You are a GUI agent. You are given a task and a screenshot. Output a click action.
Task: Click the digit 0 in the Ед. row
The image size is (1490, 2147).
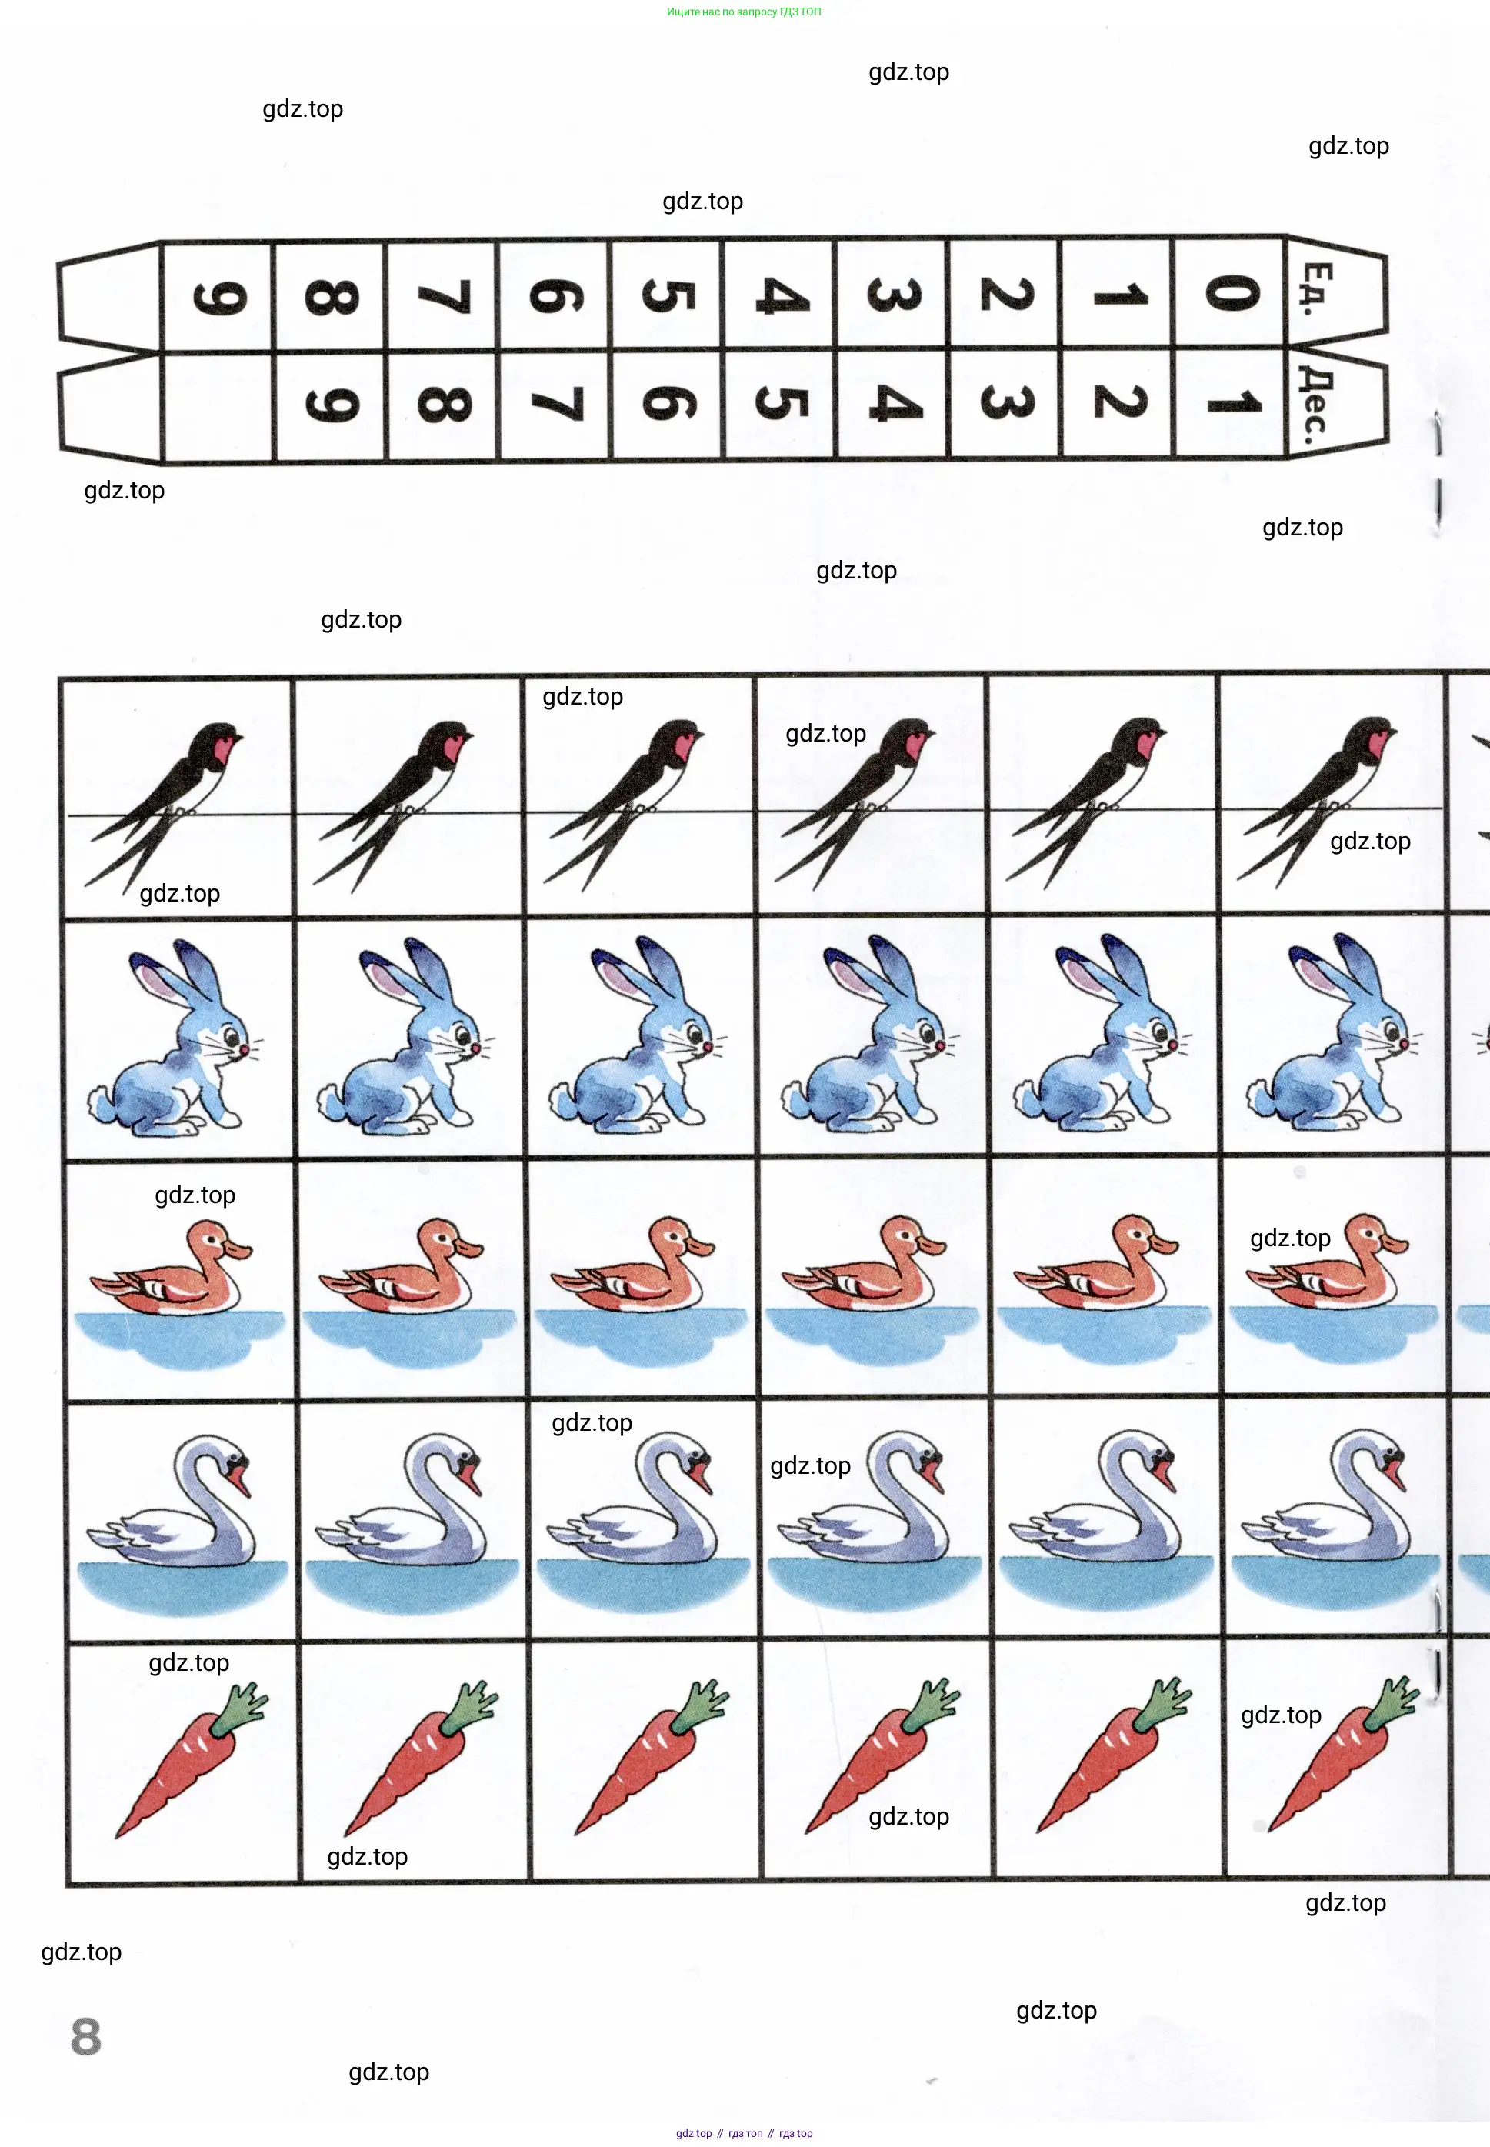tap(1232, 293)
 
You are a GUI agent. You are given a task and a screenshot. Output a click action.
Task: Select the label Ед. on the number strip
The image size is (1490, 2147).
tap(1317, 289)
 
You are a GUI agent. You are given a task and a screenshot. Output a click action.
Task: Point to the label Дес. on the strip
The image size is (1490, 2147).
tap(1315, 404)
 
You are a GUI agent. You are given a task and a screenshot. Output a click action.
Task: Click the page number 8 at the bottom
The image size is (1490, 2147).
tap(86, 2036)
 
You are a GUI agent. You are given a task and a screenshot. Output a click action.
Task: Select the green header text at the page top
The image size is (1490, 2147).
tap(744, 12)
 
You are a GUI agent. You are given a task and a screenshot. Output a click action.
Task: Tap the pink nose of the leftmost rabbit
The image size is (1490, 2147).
tap(245, 1049)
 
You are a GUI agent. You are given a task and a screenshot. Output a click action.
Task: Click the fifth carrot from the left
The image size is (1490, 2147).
tap(1112, 1755)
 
